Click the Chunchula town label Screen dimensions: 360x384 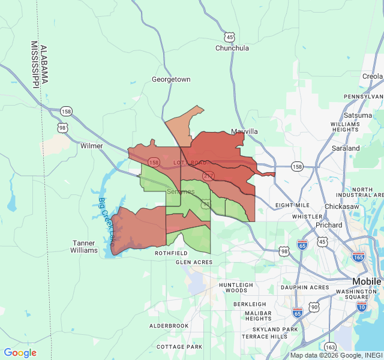pos(232,48)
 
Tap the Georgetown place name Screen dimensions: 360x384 pos(171,79)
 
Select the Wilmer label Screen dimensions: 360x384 pos(92,146)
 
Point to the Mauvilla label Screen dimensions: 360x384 pos(245,131)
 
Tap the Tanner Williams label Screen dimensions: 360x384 pos(85,247)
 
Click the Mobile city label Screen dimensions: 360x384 pos(367,281)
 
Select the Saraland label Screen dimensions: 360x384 pos(346,148)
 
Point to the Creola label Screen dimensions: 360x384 pos(372,76)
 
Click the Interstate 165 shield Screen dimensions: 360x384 pos(359,257)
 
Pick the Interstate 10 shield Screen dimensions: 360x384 pos(361,306)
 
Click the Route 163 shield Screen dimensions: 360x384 pos(330,347)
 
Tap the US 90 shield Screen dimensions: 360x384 pos(314,307)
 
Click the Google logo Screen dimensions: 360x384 pos(20,353)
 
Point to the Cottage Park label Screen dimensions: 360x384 pos(179,347)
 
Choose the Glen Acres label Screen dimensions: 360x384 pos(194,262)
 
